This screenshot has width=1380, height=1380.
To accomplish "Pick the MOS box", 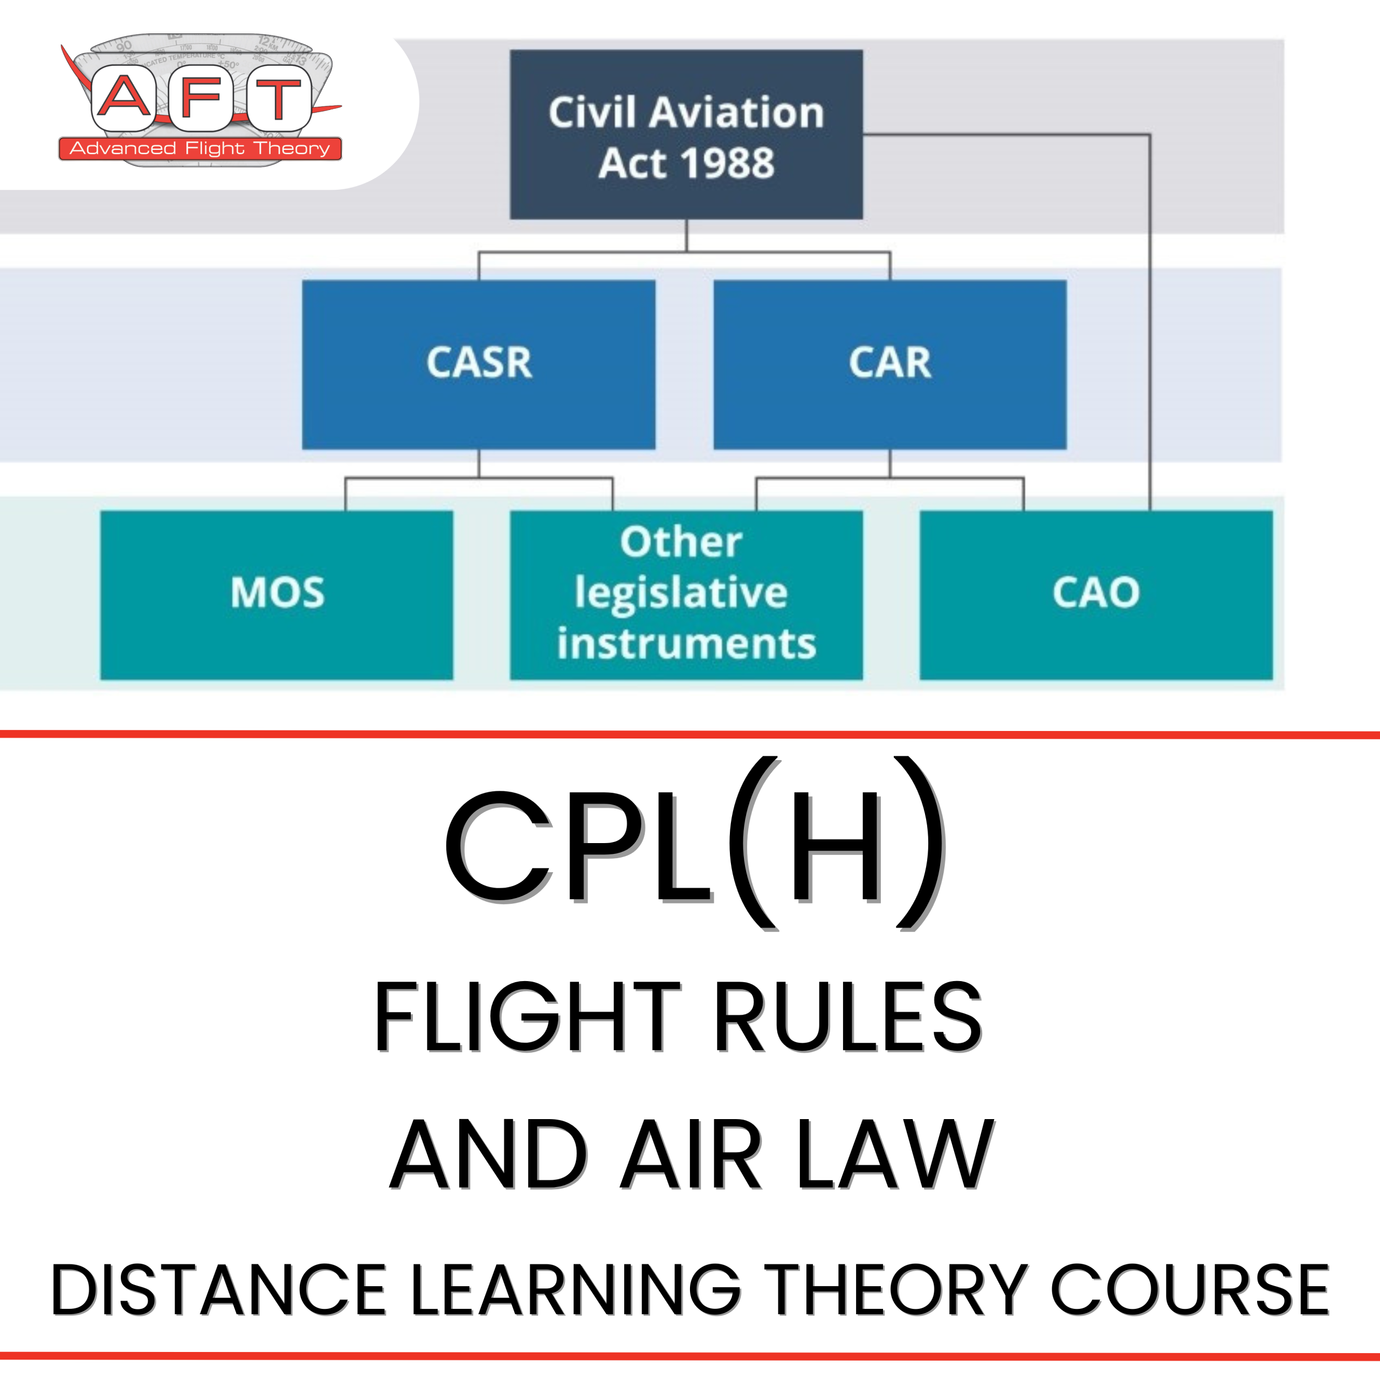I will (x=277, y=594).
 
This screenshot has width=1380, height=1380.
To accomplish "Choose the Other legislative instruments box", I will (x=686, y=594).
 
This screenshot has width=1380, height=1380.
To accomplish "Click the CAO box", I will (x=1096, y=594).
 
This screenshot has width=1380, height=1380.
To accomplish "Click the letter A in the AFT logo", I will (x=123, y=98).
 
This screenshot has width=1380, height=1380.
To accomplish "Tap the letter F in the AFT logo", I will (x=201, y=98).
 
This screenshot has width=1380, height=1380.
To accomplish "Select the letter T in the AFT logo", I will (x=279, y=98).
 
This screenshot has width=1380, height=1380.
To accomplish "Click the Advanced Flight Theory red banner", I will (x=200, y=149).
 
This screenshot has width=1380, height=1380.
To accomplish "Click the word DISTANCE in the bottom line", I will (x=218, y=1290).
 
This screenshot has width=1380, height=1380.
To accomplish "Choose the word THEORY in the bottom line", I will (x=897, y=1290).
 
